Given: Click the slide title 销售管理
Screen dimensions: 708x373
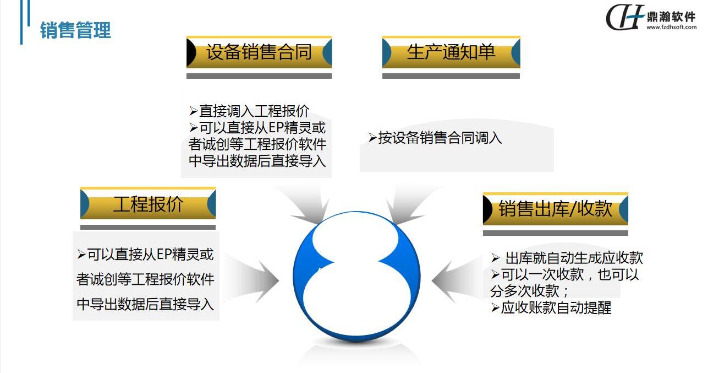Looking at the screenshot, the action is [x=75, y=30].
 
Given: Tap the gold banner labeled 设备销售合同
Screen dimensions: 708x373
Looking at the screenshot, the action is [x=259, y=52].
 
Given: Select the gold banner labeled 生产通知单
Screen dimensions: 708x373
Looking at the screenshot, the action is [x=451, y=52].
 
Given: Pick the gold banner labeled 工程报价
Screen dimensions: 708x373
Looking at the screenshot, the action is [x=148, y=203].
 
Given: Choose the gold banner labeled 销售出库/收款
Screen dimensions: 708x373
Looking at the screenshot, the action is [x=555, y=209].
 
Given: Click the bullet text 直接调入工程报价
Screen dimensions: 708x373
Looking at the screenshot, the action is [x=254, y=111].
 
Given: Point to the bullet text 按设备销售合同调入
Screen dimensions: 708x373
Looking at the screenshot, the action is [x=440, y=138].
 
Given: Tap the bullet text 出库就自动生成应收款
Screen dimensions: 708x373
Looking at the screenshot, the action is [x=574, y=258].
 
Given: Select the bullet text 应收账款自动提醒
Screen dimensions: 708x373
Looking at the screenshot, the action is [x=556, y=307].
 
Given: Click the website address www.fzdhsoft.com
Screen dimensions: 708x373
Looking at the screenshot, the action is [x=671, y=27].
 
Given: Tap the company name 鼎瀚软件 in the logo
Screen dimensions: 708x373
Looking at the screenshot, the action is [x=671, y=17].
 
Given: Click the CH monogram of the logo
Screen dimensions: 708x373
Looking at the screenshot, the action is [x=624, y=17].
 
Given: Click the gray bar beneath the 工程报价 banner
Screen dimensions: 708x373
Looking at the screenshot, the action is [x=148, y=227].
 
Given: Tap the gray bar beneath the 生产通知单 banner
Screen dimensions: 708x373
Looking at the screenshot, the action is [x=451, y=76].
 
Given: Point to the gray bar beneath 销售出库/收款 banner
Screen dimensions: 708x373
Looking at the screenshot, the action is [x=555, y=233].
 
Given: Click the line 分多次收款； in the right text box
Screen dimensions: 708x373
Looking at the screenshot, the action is [x=529, y=291].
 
